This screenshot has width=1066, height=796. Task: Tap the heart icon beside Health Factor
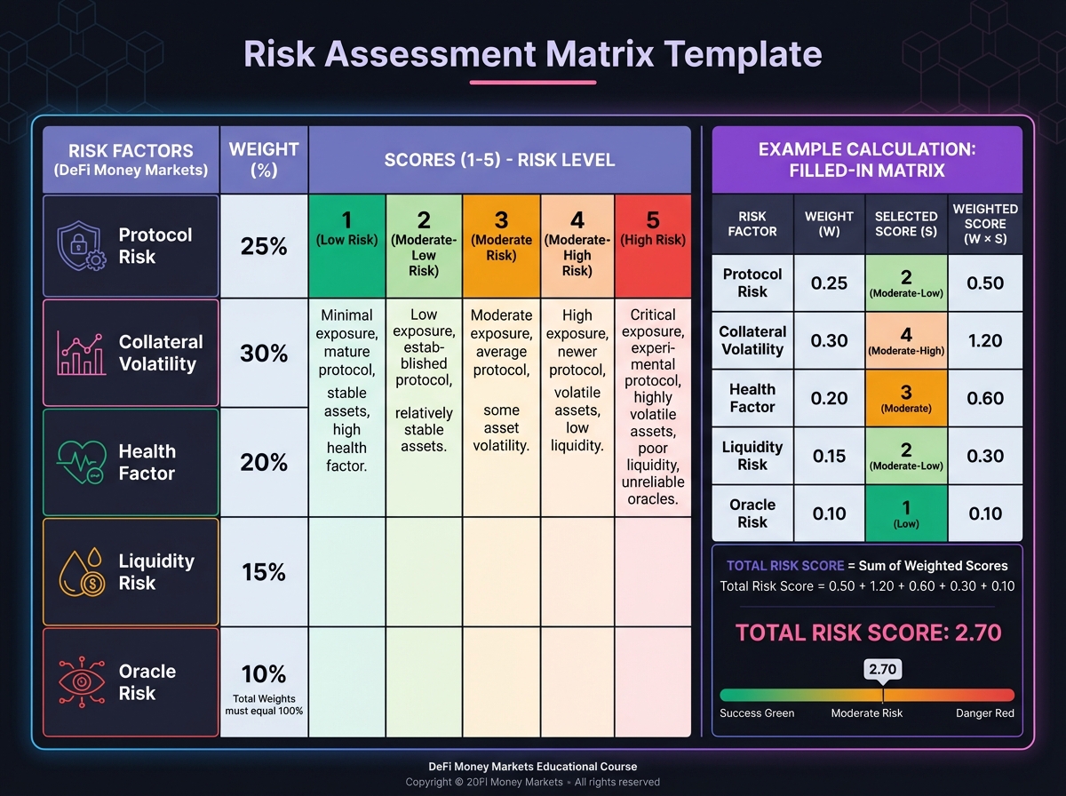pos(81,463)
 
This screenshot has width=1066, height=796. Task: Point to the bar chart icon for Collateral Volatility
pos(81,354)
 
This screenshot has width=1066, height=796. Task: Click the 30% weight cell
pos(264,354)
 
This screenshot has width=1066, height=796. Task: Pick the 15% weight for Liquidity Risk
pos(264,572)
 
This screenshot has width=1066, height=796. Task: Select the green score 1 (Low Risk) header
pos(347,246)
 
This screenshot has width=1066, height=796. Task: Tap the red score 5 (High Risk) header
pos(653,246)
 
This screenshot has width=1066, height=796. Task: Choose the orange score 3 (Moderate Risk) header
pos(501,246)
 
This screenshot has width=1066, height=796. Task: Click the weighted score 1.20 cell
pos(985,340)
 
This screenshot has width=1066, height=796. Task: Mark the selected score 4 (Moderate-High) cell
pos(906,340)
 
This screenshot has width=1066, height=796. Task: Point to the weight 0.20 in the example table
pos(829,398)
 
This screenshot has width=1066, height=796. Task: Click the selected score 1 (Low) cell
pos(906,513)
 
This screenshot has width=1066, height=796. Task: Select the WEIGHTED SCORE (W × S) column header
pos(985,224)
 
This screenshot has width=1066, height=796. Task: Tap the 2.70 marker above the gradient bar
pos(882,669)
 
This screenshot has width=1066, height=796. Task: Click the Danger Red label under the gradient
pos(984,713)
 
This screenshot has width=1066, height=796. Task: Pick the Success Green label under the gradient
pos(757,713)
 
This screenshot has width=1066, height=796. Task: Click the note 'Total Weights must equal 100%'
pos(264,704)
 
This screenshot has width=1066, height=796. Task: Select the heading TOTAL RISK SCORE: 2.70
pos(867,633)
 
